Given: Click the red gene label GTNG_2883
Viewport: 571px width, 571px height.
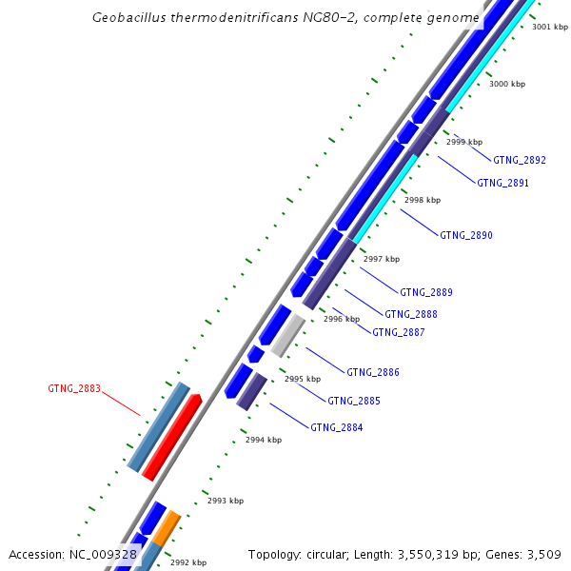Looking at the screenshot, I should pos(74,388).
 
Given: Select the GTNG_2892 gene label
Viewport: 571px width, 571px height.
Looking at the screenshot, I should pos(519,160).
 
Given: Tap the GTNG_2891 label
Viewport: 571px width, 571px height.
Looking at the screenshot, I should pos(502,183).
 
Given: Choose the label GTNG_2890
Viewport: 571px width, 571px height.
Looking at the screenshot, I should pos(466,235).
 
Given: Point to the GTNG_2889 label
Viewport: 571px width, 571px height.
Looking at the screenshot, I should pos(425,292).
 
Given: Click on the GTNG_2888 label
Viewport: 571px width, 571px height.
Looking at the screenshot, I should pos(411,314).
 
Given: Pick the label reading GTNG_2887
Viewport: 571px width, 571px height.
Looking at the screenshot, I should pos(398,332).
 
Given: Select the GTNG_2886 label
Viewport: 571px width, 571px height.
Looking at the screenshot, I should pos(372,372).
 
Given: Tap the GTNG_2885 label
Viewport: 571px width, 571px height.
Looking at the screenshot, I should pos(354,401).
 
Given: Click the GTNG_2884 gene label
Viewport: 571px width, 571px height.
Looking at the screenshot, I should pos(336,427).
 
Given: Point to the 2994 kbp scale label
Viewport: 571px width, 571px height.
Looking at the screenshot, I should pos(264,440).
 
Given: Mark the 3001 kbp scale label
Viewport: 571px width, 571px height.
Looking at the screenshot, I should pos(550,27).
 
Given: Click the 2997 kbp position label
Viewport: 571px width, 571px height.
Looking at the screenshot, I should pos(382,259).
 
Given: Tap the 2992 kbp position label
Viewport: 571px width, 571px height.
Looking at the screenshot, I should pos(187,562).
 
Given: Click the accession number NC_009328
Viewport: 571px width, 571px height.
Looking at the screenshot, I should pos(103,554).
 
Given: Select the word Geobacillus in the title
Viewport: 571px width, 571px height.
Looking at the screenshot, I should pos(133,18).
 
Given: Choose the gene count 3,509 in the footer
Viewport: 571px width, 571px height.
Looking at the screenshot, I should pos(541,554).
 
